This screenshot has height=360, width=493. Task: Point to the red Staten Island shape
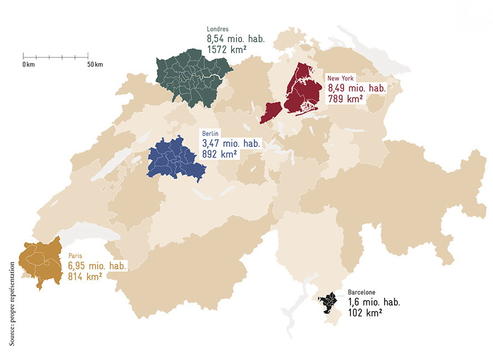(x=271, y=113)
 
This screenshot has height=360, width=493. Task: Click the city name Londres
(x=217, y=29)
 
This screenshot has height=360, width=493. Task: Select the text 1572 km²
(x=227, y=49)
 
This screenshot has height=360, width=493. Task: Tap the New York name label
(x=340, y=79)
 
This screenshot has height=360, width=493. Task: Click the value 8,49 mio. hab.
(x=356, y=88)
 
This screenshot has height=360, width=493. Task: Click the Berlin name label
(x=211, y=134)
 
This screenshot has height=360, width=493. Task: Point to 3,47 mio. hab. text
(x=230, y=144)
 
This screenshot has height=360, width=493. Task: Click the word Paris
(x=75, y=256)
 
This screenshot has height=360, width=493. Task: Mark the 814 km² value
(x=85, y=276)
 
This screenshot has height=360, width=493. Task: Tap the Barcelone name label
(x=362, y=292)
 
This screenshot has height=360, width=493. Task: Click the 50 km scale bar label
(x=95, y=65)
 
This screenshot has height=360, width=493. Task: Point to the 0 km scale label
(x=29, y=65)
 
